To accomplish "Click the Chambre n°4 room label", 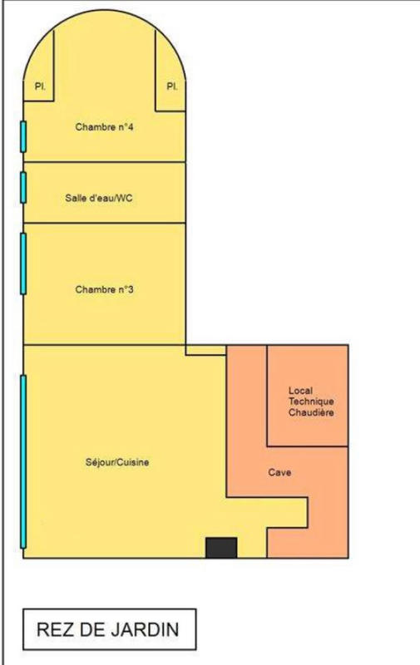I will (105, 127).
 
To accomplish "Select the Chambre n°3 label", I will (105, 289).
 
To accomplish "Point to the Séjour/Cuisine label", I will (117, 462).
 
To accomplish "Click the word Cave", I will (279, 472).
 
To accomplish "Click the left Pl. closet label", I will (39, 86).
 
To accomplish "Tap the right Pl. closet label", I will (172, 86).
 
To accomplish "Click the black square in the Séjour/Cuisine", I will (221, 548).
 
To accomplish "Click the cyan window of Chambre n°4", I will (23, 136).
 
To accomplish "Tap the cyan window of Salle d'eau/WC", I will (23, 186).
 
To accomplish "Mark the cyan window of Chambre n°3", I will (23, 263).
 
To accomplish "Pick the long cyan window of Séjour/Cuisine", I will (23, 461).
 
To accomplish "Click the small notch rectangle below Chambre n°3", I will (205, 350).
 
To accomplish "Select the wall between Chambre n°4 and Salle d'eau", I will (105, 162).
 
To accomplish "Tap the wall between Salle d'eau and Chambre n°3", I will (105, 223).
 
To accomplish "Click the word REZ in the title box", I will (55, 630).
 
